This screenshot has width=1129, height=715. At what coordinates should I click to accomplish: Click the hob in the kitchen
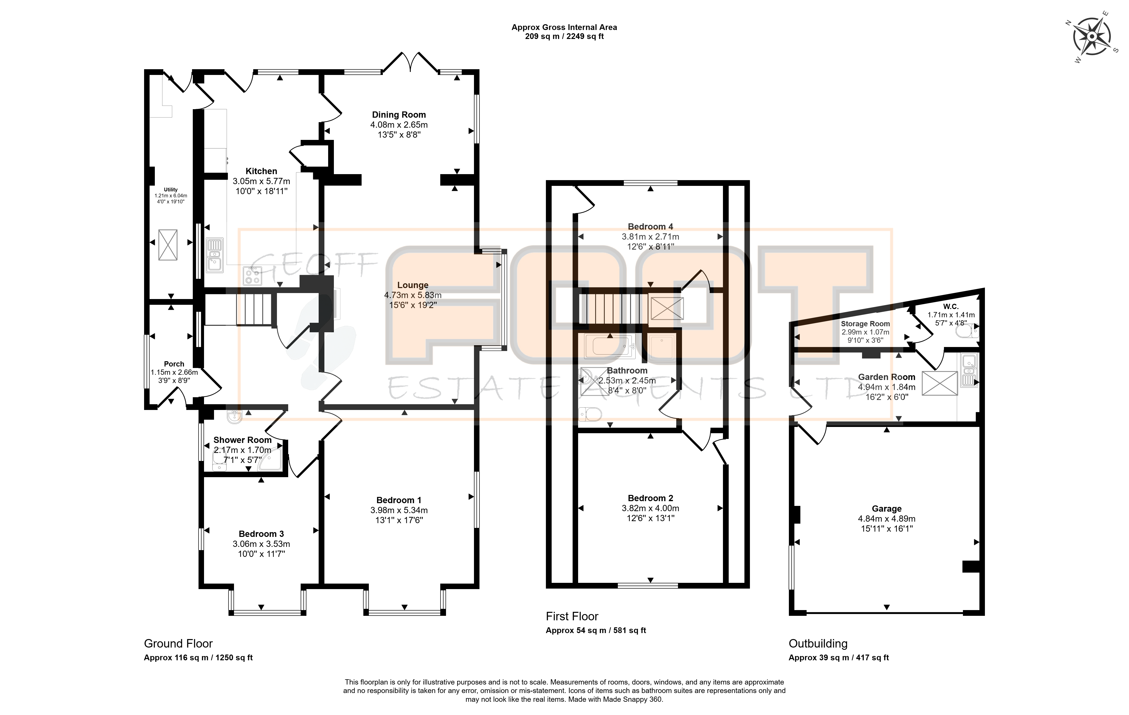[253, 276]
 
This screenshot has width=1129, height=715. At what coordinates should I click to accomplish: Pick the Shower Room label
[242, 440]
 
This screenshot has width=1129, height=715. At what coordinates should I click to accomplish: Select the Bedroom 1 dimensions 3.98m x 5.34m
[399, 510]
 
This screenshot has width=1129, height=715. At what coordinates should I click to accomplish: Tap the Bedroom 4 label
[650, 227]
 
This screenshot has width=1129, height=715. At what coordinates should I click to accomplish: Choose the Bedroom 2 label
[650, 498]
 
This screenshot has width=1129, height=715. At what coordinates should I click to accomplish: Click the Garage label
[887, 509]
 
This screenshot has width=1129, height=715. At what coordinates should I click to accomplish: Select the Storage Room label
[865, 324]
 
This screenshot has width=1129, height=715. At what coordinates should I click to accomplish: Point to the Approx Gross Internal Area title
[564, 27]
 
